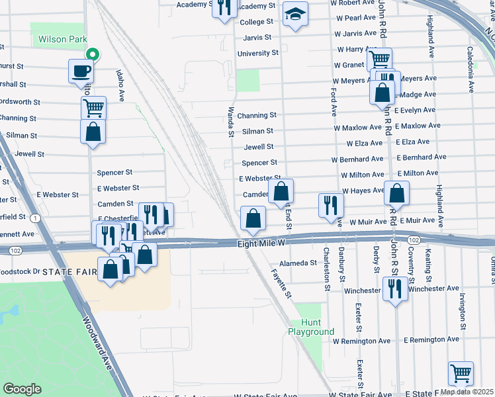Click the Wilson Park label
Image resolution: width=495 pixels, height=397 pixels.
(x=62, y=39)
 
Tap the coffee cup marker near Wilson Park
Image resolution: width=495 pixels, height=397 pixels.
(x=81, y=71)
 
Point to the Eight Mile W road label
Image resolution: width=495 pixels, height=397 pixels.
(x=261, y=244)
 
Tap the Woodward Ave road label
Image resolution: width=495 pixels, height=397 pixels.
(x=97, y=343)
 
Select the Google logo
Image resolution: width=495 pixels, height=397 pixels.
(x=22, y=389)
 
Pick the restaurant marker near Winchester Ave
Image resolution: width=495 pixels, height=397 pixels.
(x=395, y=288)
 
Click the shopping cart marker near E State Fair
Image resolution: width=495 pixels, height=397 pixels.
(x=461, y=373)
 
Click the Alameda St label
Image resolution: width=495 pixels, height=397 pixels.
(x=298, y=263)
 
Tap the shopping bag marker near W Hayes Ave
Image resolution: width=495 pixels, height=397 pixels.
(x=397, y=193)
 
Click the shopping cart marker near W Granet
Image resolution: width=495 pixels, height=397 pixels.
(x=379, y=60)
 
